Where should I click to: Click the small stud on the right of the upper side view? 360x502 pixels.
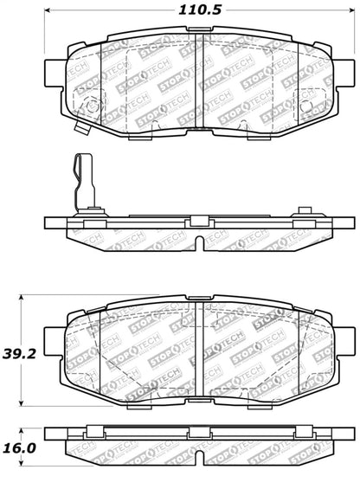[305, 210]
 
